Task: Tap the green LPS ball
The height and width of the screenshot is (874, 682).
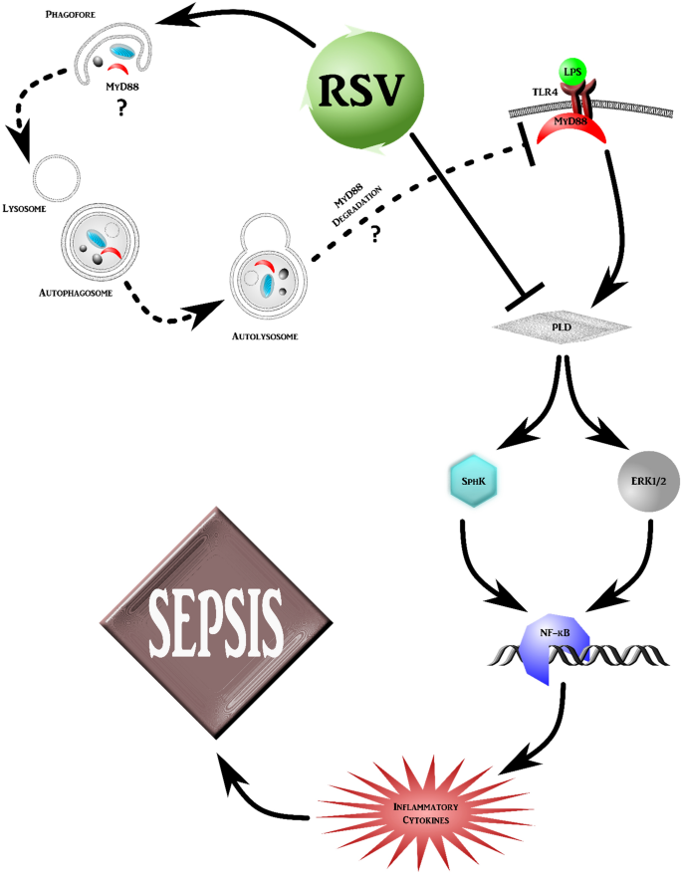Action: point(572,72)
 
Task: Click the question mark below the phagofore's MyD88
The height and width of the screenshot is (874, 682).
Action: point(122,109)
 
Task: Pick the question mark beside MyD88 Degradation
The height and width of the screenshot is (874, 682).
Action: point(376,235)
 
